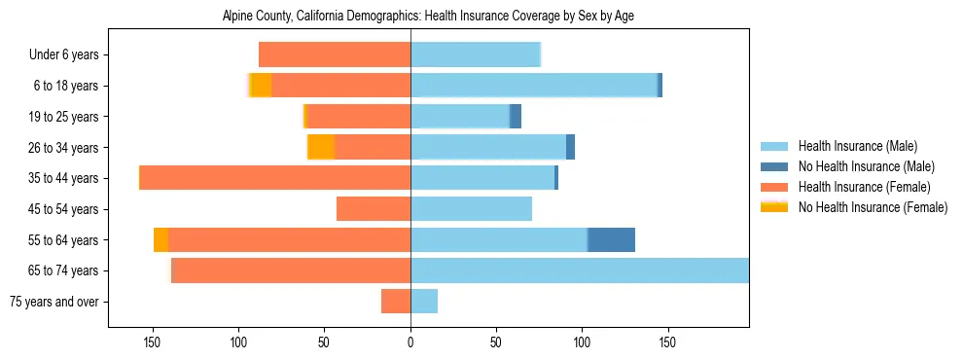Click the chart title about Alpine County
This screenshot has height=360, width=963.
(428, 17)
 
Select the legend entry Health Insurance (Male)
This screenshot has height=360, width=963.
(857, 146)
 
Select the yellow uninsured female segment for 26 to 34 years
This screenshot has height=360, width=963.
(321, 147)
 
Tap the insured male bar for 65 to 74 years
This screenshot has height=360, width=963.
(579, 270)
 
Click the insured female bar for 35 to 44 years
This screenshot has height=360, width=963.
(275, 178)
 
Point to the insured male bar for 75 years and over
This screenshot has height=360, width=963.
(424, 302)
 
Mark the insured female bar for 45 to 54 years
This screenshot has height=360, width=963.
(374, 209)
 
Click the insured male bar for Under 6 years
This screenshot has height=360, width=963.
(476, 54)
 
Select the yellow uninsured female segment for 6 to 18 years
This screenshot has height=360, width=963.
(261, 86)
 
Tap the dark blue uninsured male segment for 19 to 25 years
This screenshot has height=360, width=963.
(516, 117)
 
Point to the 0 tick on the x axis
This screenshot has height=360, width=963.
(410, 342)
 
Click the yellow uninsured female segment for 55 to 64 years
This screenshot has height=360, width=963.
(160, 239)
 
